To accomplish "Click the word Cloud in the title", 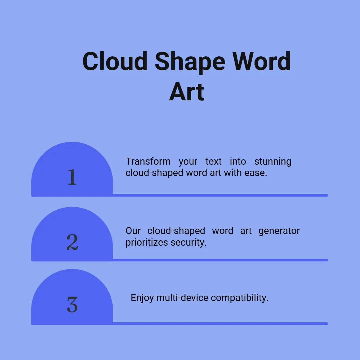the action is [x=115, y=61].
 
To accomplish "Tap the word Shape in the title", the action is [x=190, y=63].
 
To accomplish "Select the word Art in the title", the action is [x=187, y=92].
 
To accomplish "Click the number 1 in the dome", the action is [x=72, y=177].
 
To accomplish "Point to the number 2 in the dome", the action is [x=72, y=242].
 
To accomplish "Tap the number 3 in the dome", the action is [x=72, y=304].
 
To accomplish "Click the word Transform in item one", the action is [x=148, y=161].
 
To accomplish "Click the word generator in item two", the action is [x=279, y=231].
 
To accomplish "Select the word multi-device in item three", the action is [x=182, y=298].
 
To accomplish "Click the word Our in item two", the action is [x=133, y=231].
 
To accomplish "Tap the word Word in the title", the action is [x=262, y=61].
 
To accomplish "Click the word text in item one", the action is [x=214, y=162].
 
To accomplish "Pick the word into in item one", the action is [x=238, y=161].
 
